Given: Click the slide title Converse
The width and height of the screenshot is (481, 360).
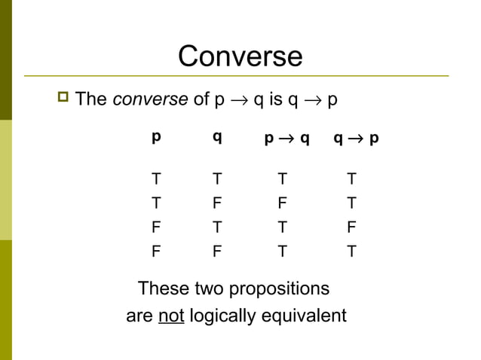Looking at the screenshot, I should click(x=240, y=56).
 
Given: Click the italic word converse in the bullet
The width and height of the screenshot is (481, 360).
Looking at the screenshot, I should click(x=150, y=99).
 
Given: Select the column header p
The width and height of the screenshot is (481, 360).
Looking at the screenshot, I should click(x=156, y=137).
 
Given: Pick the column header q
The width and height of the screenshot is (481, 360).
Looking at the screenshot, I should click(x=216, y=137).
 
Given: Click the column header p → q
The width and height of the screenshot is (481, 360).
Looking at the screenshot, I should click(x=286, y=139).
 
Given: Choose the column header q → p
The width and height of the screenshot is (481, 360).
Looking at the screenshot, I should click(x=356, y=139).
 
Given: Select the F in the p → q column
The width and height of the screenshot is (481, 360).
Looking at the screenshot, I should click(x=282, y=203).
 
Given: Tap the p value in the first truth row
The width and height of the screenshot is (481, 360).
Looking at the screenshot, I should click(x=156, y=179).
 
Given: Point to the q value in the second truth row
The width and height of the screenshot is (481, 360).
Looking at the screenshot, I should click(x=216, y=203).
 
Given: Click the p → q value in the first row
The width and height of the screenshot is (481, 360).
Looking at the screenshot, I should click(x=282, y=179).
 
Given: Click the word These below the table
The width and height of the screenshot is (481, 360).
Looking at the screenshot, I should click(x=164, y=289).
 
